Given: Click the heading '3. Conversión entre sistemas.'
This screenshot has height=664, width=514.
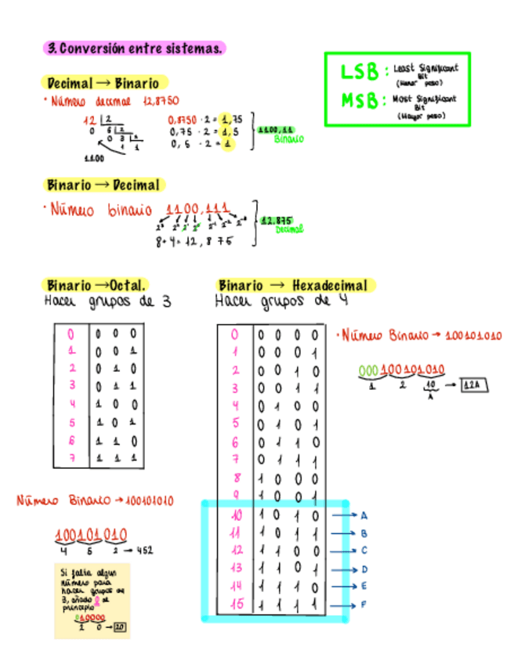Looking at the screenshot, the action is click(135, 49).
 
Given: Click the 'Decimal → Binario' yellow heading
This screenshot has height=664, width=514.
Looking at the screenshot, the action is click(103, 83).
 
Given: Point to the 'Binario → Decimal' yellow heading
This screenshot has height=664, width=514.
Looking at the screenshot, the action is click(103, 186).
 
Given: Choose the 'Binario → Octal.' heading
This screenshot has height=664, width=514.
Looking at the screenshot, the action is click(96, 285).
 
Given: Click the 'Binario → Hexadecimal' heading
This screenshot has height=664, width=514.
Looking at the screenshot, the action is click(292, 285).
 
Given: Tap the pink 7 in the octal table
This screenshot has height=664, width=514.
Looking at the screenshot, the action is click(71, 458).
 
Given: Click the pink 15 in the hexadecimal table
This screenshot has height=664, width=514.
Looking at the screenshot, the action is click(237, 604).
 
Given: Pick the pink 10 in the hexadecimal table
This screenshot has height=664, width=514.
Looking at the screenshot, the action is click(237, 515).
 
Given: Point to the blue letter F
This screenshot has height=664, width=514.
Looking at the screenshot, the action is click(364, 604).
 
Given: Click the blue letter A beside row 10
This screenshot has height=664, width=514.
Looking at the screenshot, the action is click(364, 515).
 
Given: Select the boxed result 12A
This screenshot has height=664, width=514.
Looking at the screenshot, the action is click(473, 385).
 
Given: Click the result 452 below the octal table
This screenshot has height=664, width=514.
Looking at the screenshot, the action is click(144, 550).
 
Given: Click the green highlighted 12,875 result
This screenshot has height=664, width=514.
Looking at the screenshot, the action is click(276, 221).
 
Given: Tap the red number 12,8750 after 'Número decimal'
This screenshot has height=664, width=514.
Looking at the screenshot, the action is click(161, 101).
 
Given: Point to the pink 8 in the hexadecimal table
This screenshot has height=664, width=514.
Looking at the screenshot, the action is click(237, 478).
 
